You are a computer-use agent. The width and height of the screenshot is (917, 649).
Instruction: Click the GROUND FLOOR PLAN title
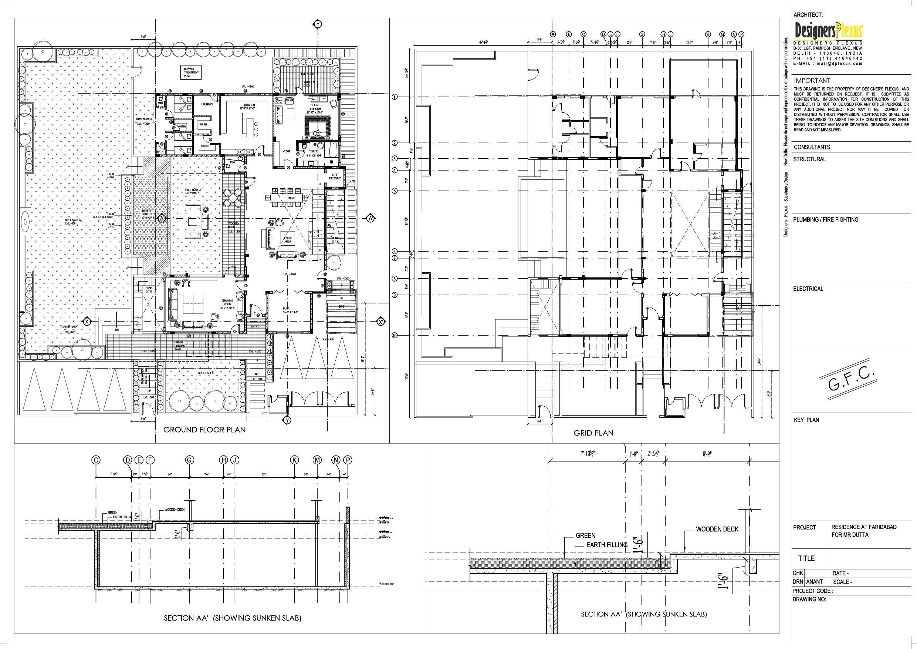(x=204, y=430)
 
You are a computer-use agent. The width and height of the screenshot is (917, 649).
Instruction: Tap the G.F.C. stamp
(x=852, y=379)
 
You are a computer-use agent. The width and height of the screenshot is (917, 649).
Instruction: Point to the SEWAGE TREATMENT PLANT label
(x=191, y=72)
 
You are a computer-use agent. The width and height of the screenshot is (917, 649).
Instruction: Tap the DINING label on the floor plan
(x=291, y=198)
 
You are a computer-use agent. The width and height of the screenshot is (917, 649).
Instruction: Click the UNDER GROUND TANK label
(x=179, y=346)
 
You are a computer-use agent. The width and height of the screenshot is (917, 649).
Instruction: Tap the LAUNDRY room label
(x=207, y=104)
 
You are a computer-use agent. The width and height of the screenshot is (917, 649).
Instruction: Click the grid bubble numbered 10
(x=395, y=336)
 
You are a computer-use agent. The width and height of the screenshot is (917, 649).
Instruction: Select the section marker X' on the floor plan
(x=381, y=322)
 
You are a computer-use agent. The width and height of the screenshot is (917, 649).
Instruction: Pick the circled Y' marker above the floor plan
(x=318, y=24)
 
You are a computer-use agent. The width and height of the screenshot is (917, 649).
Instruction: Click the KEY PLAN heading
(x=806, y=420)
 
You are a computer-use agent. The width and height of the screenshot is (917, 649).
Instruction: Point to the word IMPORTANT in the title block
(x=812, y=81)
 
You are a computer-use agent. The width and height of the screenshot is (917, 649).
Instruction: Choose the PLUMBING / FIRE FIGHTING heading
(x=826, y=219)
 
